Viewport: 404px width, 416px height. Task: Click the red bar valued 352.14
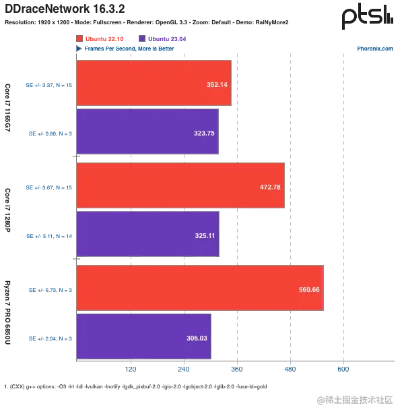coord(154,83)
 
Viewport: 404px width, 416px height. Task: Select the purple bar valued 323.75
coord(147,133)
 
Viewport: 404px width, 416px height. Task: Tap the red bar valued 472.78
coord(180,185)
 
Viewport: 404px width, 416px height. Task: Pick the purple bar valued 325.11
coord(147,235)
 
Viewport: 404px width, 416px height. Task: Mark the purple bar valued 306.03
coord(144,337)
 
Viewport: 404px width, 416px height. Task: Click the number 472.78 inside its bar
coord(270,187)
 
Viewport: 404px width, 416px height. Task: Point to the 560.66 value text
coord(309,290)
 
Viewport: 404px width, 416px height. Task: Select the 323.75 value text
coord(203,133)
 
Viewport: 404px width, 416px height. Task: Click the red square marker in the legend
coord(79,38)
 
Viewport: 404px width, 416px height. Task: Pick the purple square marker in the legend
coord(141,38)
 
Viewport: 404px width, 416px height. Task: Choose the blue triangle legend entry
coord(79,49)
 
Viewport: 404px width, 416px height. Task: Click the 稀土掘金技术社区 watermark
coord(354,398)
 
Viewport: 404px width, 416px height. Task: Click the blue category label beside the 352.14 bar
coord(47,85)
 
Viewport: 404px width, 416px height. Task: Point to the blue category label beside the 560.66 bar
coord(50,290)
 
